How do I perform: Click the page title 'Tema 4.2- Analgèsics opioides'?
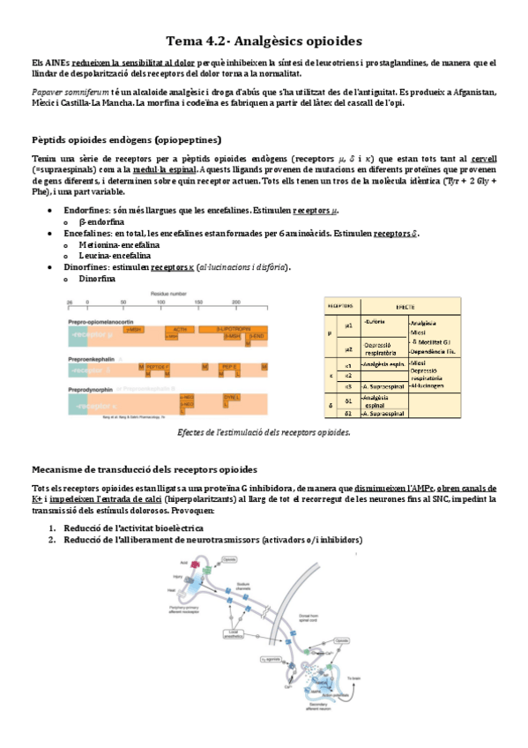[x=264, y=41]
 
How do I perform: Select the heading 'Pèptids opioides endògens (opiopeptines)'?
[x=126, y=139]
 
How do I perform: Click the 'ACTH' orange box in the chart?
[x=180, y=328]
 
